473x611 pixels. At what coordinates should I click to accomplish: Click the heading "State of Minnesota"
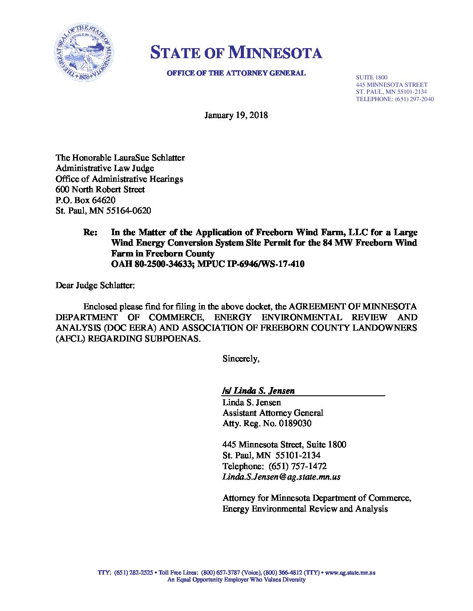point(236,53)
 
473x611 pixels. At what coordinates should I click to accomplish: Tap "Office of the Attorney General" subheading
point(236,73)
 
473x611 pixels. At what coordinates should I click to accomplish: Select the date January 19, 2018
point(236,115)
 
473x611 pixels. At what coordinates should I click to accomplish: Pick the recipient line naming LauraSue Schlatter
point(120,158)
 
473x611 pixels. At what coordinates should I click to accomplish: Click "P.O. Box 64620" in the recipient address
point(85,200)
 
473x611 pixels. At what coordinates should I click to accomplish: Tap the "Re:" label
point(90,232)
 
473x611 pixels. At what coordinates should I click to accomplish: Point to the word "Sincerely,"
point(241,359)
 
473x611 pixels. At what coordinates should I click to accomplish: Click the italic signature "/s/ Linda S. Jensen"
point(258,391)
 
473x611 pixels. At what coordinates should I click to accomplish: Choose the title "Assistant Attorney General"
point(273,413)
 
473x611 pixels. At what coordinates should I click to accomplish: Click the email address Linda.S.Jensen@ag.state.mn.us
point(281,477)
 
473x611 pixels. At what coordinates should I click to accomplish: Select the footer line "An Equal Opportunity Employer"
point(236,580)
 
